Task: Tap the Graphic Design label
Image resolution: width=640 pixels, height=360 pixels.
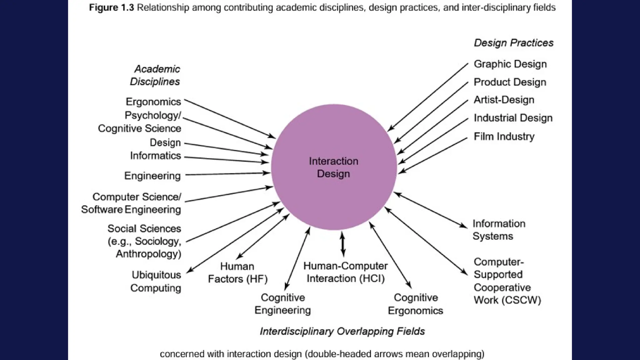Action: (510, 64)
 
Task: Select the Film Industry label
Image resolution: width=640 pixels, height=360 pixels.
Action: (504, 137)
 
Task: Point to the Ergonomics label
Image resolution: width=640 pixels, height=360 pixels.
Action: (153, 102)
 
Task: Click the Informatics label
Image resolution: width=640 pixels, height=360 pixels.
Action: (155, 156)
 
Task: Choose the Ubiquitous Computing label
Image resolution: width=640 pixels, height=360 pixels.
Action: (156, 281)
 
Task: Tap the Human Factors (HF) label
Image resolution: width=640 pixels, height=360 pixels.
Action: (237, 272)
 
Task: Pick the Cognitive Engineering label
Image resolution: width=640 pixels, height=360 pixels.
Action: (282, 304)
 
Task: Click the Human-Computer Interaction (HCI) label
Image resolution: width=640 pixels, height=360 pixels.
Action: (345, 272)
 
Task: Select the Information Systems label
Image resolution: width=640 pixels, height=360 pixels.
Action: (498, 230)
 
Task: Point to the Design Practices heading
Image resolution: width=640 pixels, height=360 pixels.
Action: (513, 43)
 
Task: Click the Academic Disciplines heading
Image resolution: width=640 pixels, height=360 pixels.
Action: (155, 75)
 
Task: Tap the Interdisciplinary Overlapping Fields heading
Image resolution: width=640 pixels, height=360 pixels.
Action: (342, 331)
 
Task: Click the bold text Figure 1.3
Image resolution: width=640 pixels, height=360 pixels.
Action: (111, 7)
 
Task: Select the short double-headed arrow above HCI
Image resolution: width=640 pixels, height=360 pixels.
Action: (342, 244)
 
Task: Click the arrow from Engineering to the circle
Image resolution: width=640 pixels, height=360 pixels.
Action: (228, 174)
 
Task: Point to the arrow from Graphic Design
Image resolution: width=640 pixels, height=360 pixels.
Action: (428, 97)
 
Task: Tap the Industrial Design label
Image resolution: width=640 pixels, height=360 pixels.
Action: (513, 118)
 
